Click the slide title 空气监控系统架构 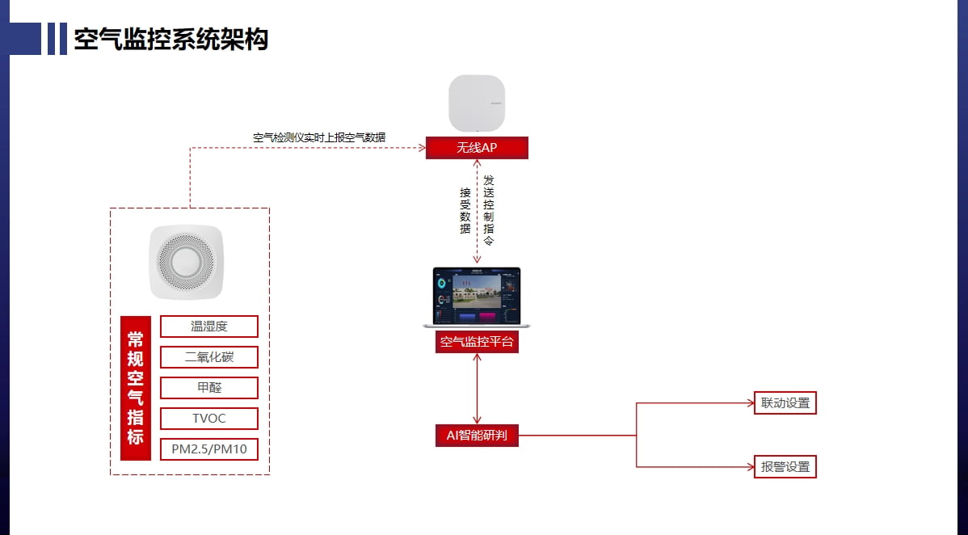[170, 39]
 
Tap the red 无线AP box [477, 148]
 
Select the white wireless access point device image [477, 103]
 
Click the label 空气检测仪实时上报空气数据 [319, 137]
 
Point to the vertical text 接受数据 [465, 211]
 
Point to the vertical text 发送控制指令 [488, 211]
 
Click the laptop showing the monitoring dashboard [477, 297]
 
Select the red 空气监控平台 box [477, 342]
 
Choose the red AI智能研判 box [477, 436]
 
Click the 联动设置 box [785, 403]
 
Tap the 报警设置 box [785, 467]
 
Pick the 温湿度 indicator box [209, 326]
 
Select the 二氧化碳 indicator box [209, 357]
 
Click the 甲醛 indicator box [209, 388]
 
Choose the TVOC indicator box [209, 419]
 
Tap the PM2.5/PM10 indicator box [209, 449]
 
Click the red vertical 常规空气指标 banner [136, 388]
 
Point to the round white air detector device [186, 262]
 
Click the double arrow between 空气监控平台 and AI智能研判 [477, 389]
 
